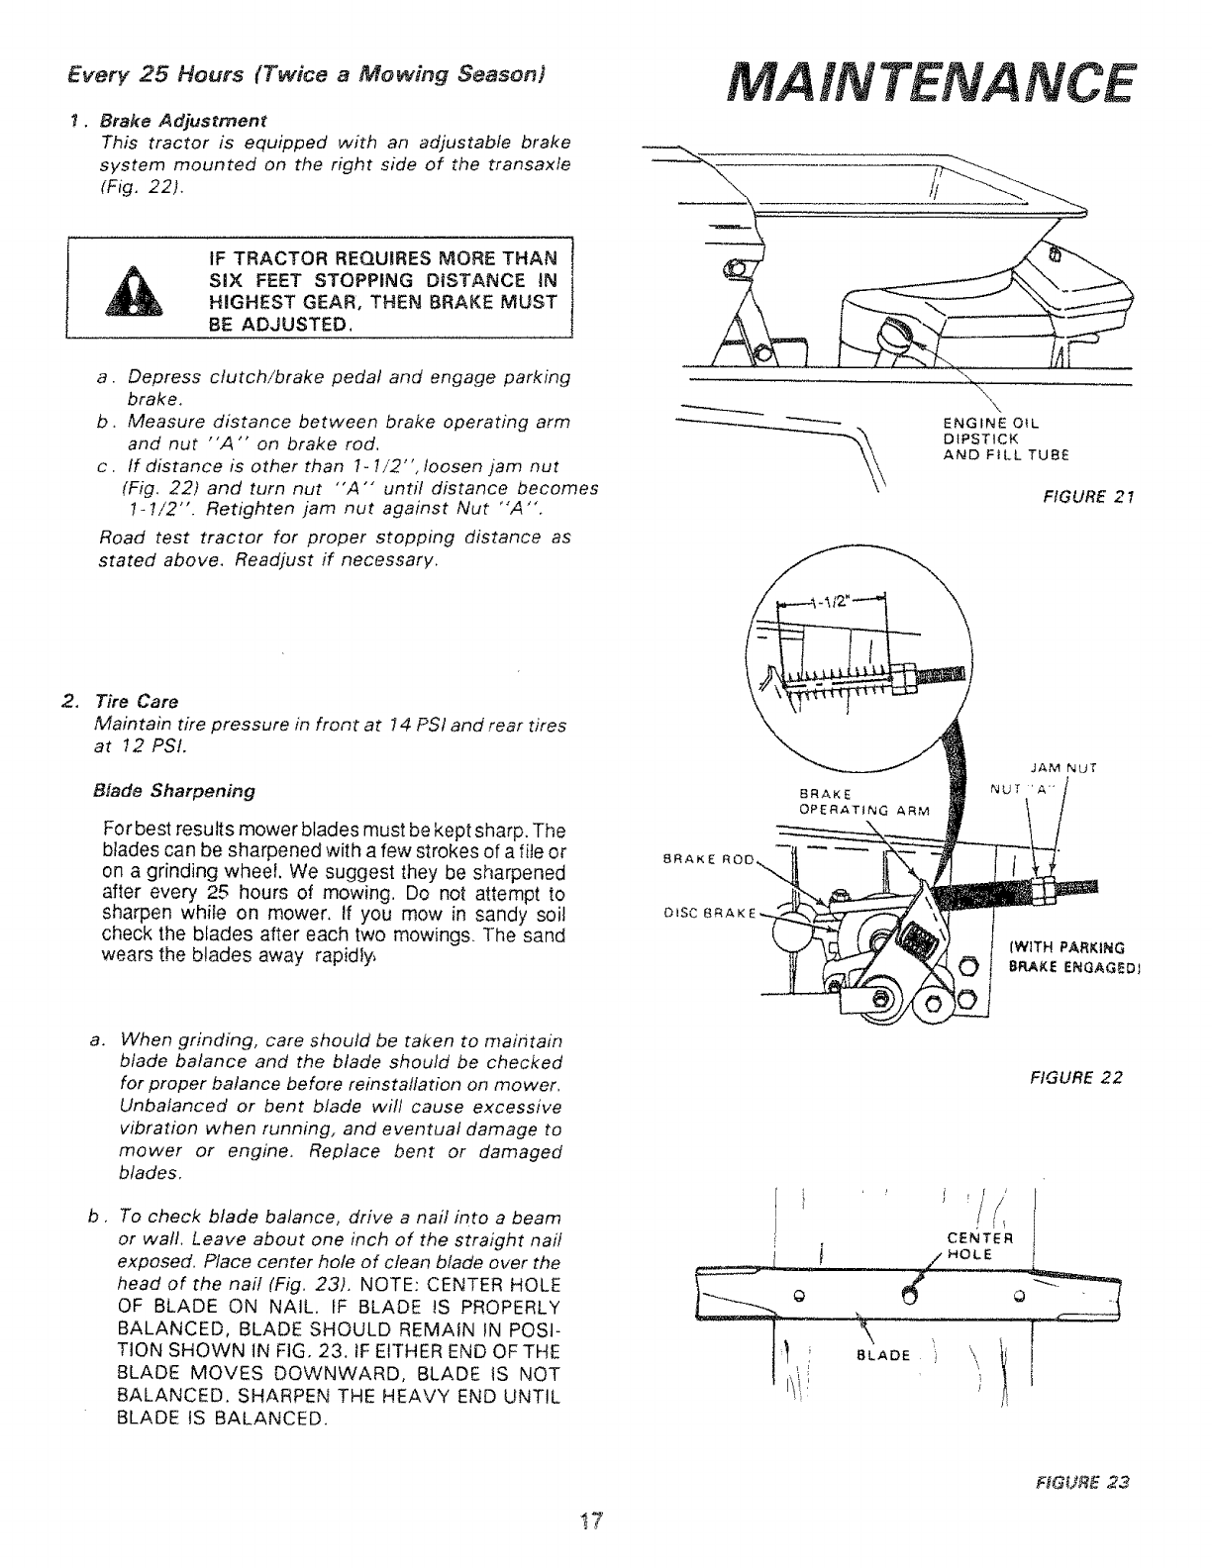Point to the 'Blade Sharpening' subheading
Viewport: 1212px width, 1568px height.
pyautogui.click(x=173, y=791)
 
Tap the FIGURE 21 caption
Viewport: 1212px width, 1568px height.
pyautogui.click(x=1086, y=497)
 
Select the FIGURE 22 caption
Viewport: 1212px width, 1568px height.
pyautogui.click(x=1086, y=1078)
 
